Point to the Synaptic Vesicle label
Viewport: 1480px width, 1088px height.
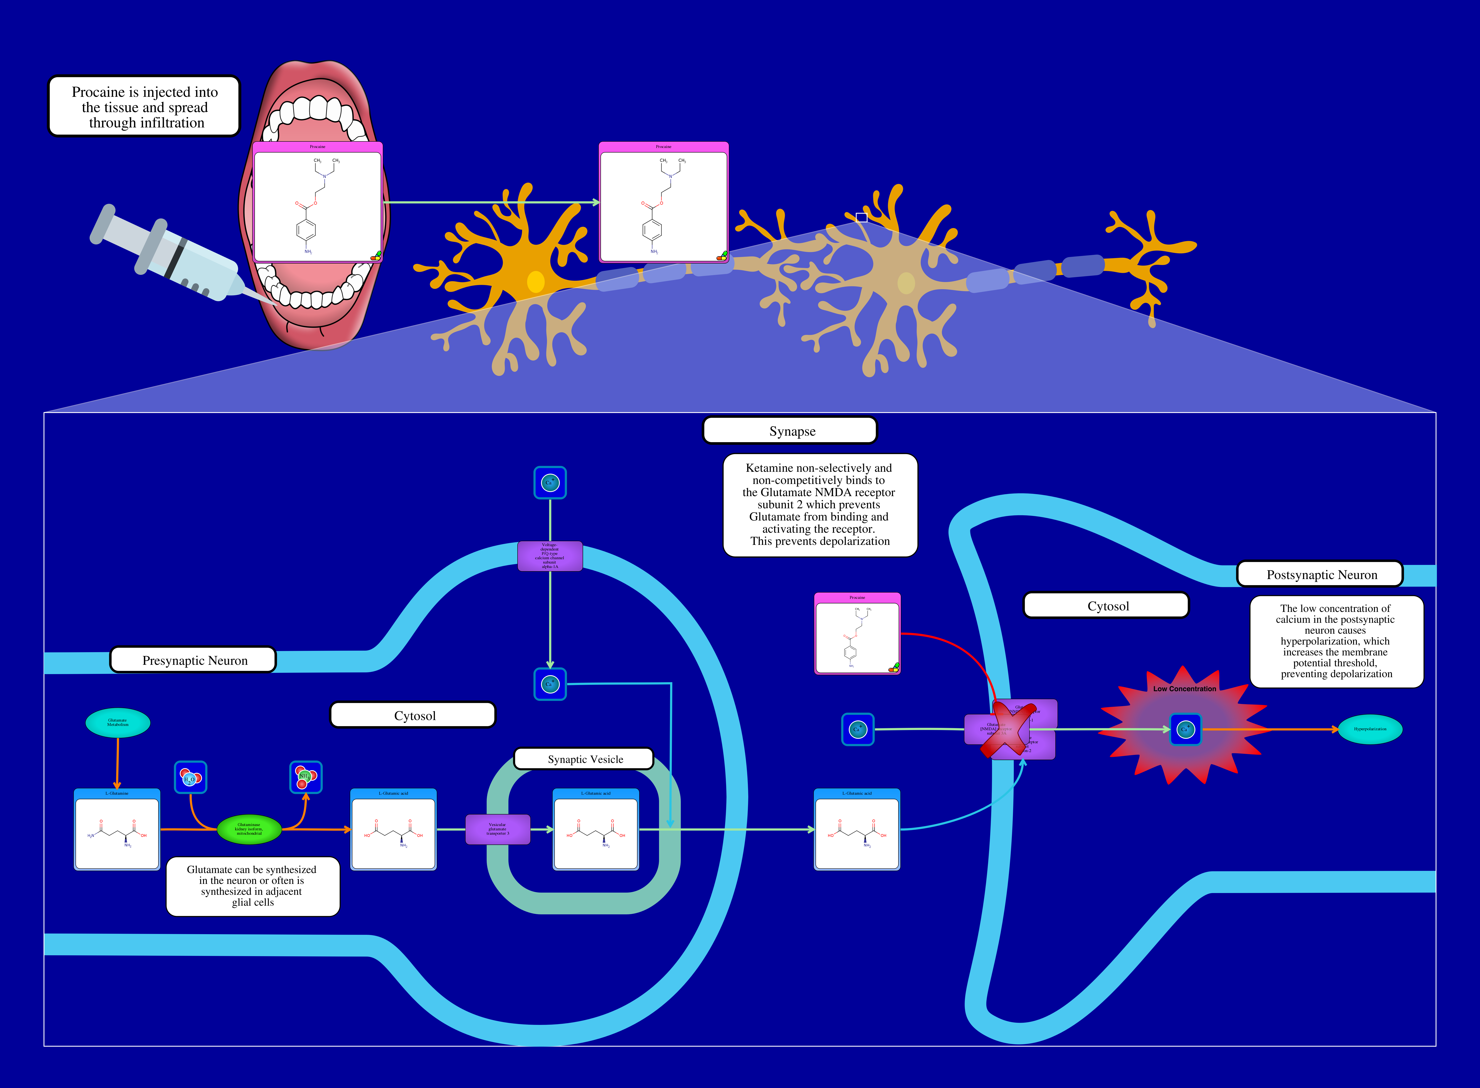point(584,759)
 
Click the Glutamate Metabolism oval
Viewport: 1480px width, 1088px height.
point(118,722)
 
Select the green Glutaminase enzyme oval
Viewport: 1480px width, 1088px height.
point(249,829)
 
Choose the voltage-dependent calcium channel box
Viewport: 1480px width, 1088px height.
point(550,556)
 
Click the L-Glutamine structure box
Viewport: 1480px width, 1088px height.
point(117,830)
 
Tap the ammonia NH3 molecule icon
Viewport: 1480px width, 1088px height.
point(306,777)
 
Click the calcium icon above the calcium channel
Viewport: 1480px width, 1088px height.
point(550,483)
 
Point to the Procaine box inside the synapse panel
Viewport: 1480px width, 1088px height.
point(857,634)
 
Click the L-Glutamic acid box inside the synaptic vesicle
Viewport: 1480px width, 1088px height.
point(595,830)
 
